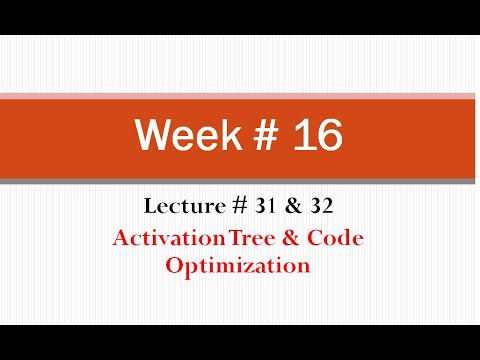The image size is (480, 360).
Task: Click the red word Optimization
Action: pyautogui.click(x=239, y=267)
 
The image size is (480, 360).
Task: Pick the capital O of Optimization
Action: pyautogui.click(x=175, y=267)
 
